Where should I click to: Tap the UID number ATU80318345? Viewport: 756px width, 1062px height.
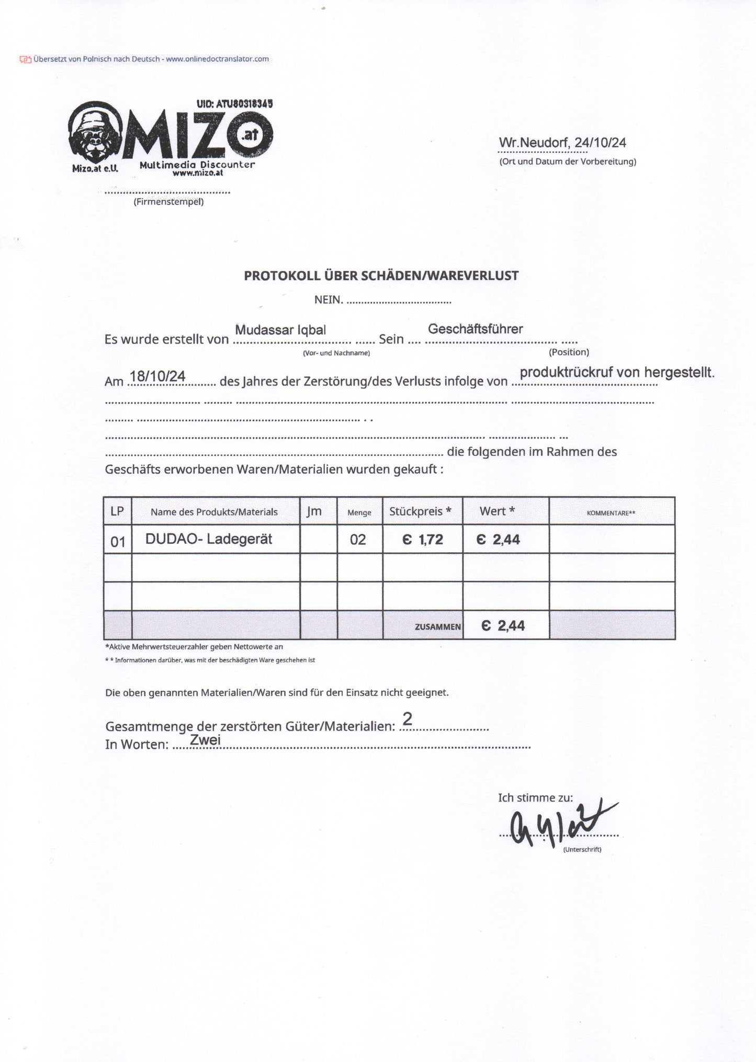click(234, 104)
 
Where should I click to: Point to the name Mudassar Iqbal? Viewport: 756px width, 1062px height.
click(280, 330)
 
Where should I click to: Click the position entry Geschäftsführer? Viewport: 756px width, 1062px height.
click(475, 329)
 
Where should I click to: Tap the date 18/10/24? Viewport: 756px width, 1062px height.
click(157, 376)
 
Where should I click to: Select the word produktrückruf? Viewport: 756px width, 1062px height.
click(566, 372)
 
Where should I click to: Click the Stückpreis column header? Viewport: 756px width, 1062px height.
click(420, 511)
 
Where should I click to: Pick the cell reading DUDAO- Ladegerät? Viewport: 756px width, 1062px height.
click(209, 539)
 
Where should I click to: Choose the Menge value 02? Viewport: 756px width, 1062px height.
click(358, 540)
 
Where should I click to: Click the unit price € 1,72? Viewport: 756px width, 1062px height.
click(423, 540)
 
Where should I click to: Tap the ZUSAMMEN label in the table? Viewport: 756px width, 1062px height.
click(438, 626)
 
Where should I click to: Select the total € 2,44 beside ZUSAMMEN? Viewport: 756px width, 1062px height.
click(503, 625)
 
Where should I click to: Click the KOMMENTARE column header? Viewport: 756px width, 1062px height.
click(611, 513)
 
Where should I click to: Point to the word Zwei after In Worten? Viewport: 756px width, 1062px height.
click(205, 740)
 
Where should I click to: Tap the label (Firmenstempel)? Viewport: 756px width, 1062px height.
click(168, 202)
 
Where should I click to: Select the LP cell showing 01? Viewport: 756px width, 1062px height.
click(118, 542)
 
